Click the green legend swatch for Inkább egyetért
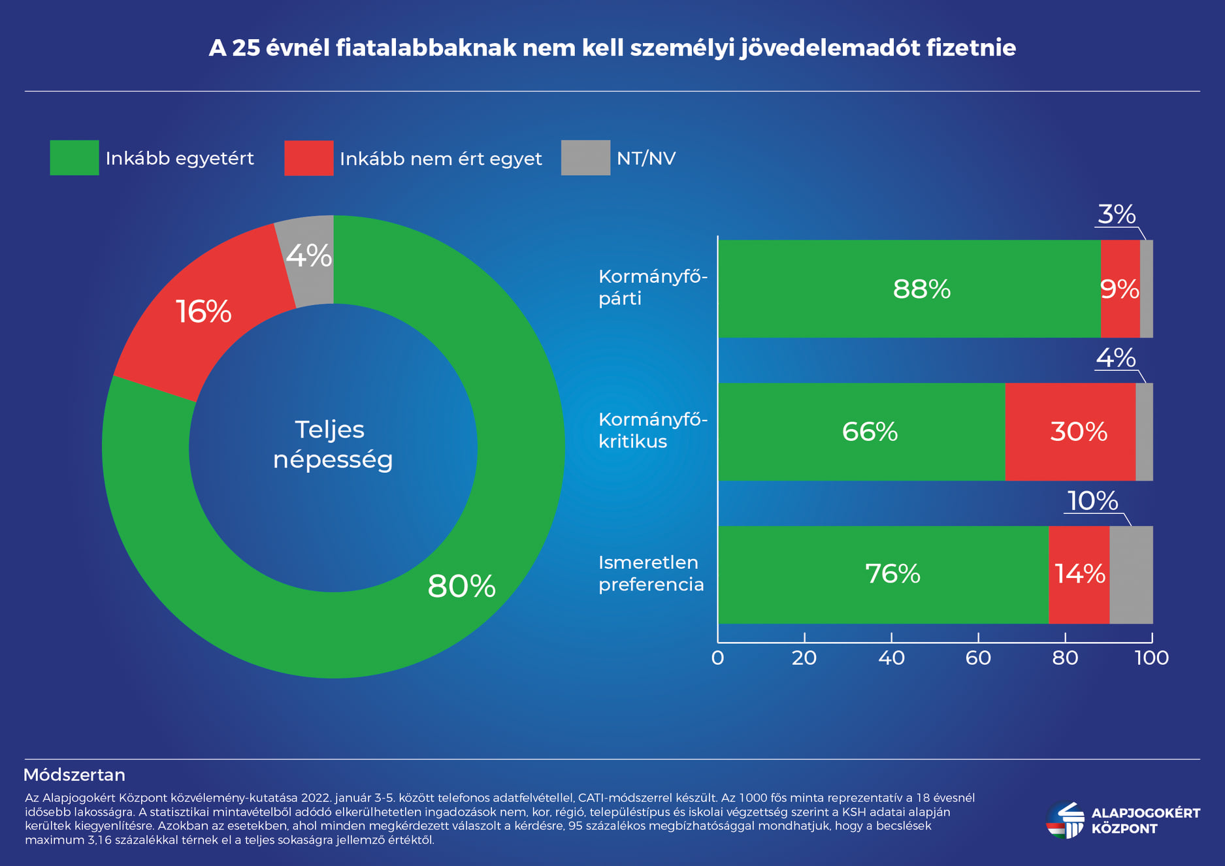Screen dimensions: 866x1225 click(x=74, y=158)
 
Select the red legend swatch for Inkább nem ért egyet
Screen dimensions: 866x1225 click(x=309, y=158)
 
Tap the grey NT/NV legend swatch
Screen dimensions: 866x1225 click(x=585, y=158)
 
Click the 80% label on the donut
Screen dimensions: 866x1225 click(x=461, y=586)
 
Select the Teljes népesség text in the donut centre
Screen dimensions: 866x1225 click(x=332, y=445)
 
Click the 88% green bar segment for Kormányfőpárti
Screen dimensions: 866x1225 click(x=921, y=289)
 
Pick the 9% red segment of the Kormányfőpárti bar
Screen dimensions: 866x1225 click(x=1120, y=289)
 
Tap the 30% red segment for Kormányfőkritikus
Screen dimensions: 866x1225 click(x=1078, y=432)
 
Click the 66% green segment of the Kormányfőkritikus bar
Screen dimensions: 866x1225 click(x=870, y=432)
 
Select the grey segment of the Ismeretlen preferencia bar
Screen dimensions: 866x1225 click(x=1131, y=575)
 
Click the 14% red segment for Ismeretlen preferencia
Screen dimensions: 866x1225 click(x=1079, y=575)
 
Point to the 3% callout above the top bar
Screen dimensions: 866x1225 click(x=1116, y=215)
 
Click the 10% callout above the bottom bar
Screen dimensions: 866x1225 click(x=1092, y=501)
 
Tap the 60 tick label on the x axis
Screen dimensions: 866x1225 click(x=978, y=658)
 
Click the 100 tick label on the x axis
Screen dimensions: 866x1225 click(x=1151, y=658)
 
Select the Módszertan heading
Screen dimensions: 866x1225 click(x=74, y=775)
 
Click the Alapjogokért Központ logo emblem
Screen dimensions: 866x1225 click(x=1065, y=821)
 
